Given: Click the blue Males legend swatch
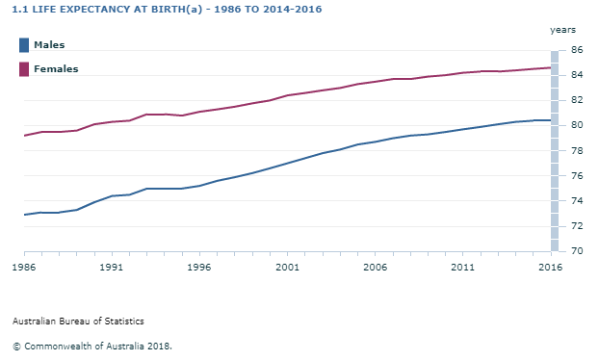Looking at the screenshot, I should (x=24, y=45).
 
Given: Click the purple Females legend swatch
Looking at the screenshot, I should (x=24, y=68).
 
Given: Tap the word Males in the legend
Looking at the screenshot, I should (x=49, y=45).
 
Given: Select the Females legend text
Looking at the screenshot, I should (x=56, y=68).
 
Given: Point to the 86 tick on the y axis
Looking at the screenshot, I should (x=576, y=50).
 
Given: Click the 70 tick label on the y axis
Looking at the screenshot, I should (x=576, y=251).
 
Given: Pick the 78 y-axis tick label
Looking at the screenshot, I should (x=576, y=150).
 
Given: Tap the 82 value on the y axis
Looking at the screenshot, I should (x=576, y=100).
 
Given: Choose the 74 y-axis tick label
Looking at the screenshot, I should (x=576, y=201).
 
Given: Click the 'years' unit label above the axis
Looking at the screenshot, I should (x=562, y=30).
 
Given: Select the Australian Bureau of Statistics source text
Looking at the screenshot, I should (x=79, y=321).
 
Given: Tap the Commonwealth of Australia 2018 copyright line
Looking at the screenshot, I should (x=92, y=345).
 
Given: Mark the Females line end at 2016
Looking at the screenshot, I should (x=550, y=67).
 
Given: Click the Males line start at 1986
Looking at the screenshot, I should (x=24, y=215).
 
